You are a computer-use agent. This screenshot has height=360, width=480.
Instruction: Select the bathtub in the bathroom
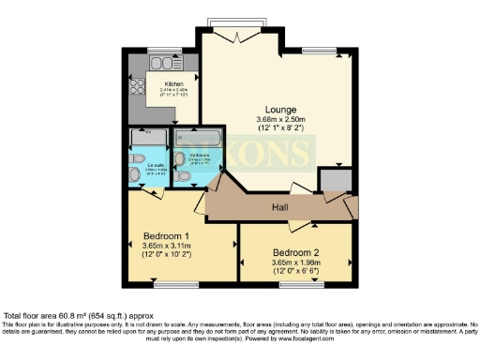(198, 138)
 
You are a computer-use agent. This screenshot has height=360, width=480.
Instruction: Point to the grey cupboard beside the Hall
(333, 181)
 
